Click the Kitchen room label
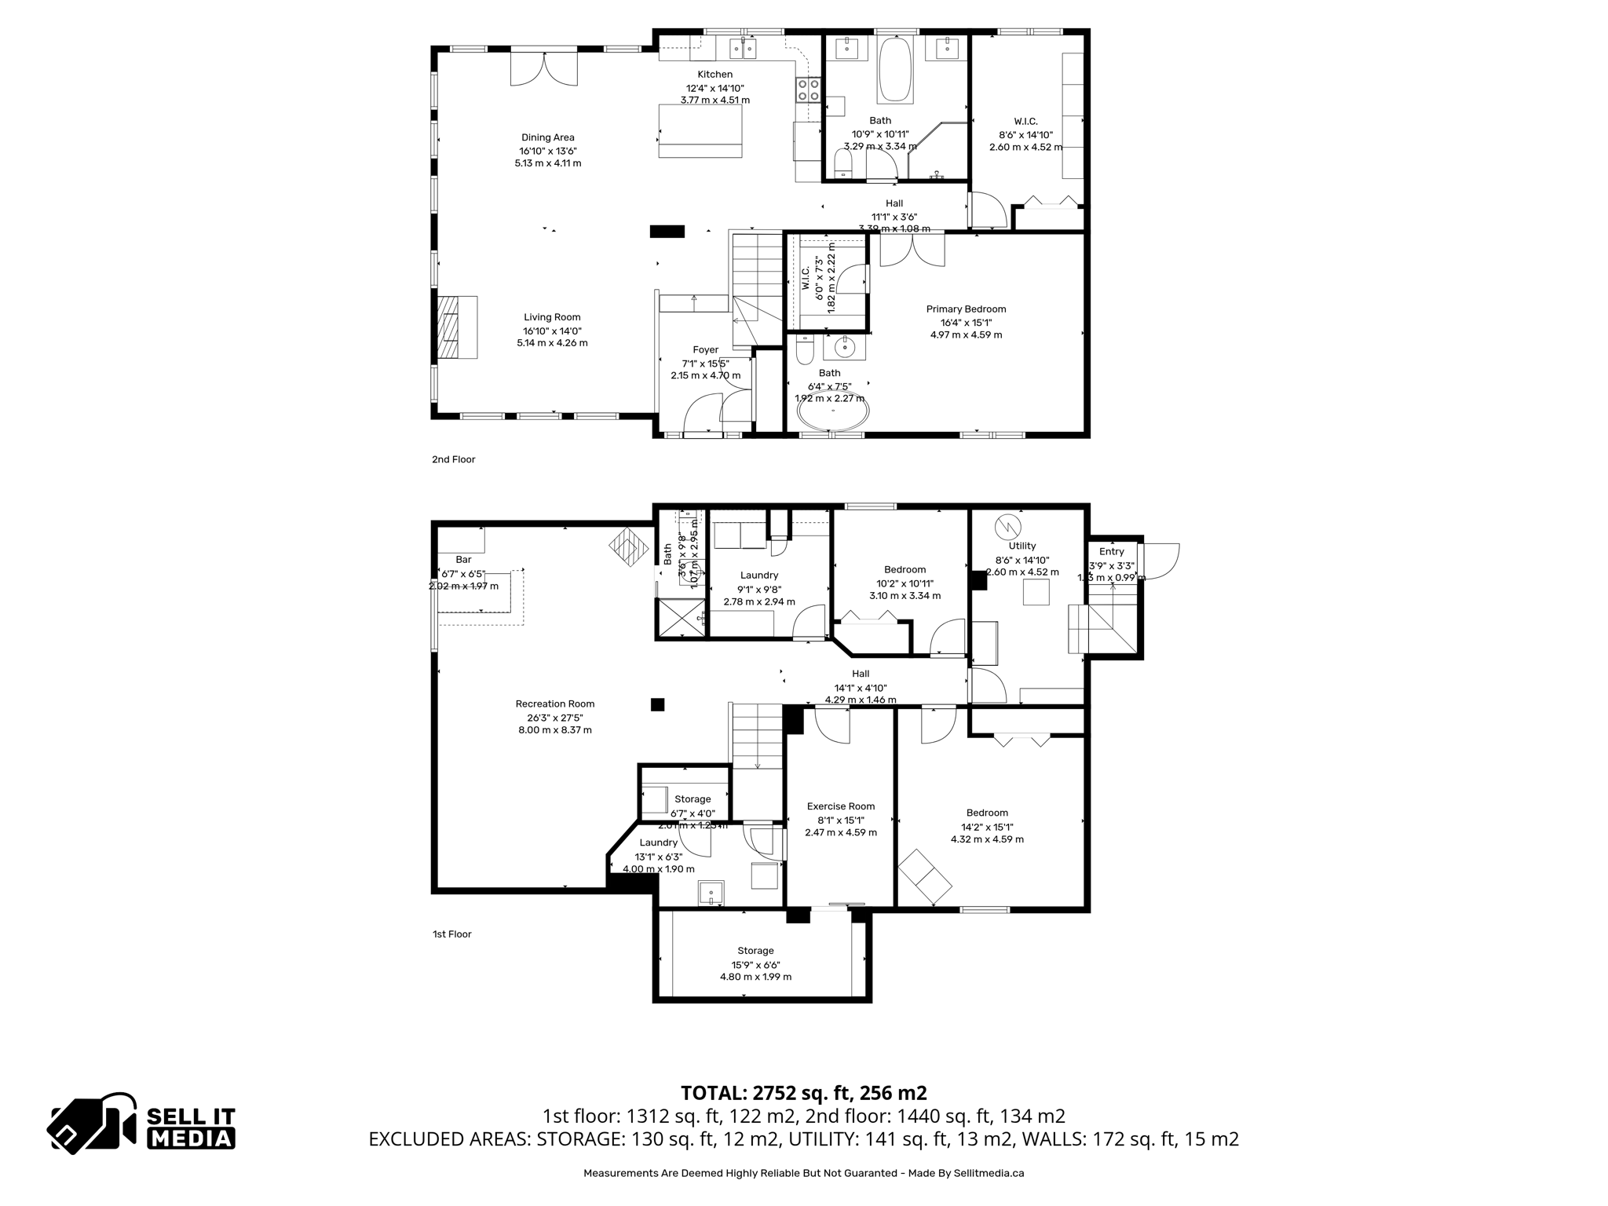[x=714, y=75]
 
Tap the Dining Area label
[x=547, y=137]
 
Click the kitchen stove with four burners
[x=809, y=90]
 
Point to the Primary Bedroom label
[x=966, y=309]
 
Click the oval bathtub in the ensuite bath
[x=833, y=411]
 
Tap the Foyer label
[x=705, y=350]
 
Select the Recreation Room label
[x=554, y=703]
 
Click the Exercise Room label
[x=841, y=806]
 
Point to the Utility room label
[x=1021, y=546]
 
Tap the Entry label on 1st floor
[x=1111, y=551]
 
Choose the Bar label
[x=463, y=560]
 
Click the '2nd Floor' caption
[x=453, y=459]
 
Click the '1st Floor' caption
[x=451, y=934]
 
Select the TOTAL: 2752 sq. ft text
[x=803, y=1093]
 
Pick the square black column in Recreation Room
[x=657, y=705]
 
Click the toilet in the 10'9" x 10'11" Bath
[x=842, y=165]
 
